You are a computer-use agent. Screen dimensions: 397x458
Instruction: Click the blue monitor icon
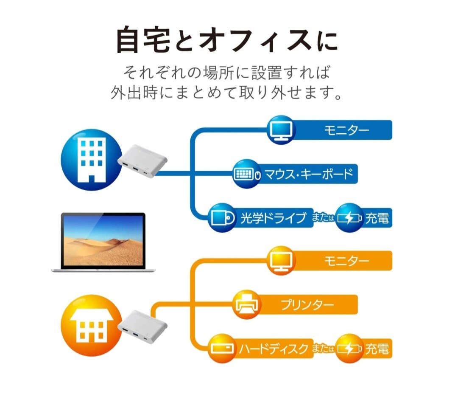pyautogui.click(x=281, y=130)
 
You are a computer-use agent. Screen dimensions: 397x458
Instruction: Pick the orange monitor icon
pyautogui.click(x=281, y=261)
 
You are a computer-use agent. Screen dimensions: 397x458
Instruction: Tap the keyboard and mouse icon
pyautogui.click(x=247, y=174)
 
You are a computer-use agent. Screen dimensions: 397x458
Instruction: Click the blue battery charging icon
pyautogui.click(x=349, y=218)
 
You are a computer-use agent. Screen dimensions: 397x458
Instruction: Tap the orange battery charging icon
pyautogui.click(x=349, y=349)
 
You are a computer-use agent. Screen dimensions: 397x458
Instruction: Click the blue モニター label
pyautogui.click(x=347, y=130)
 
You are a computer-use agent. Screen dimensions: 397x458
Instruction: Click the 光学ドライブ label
pyautogui.click(x=274, y=218)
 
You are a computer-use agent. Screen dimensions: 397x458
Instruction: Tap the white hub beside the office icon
pyautogui.click(x=142, y=161)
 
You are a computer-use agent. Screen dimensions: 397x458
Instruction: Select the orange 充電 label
pyautogui.click(x=377, y=349)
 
